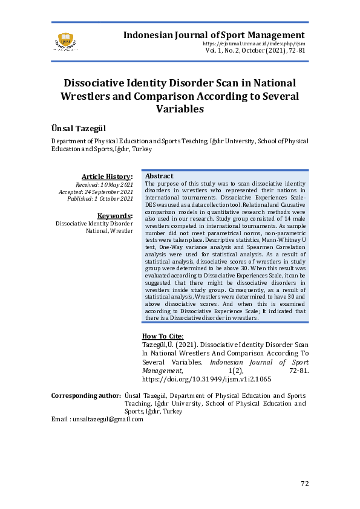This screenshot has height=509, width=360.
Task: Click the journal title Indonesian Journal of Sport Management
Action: point(214,35)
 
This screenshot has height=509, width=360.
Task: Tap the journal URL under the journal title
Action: point(255,44)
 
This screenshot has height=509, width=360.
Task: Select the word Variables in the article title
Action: point(180,109)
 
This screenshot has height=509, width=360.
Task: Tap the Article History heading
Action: point(107,176)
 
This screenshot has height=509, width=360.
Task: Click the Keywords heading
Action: point(115,216)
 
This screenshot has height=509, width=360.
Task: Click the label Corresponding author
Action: point(85,395)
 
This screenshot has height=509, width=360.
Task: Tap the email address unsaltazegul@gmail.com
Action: point(108,419)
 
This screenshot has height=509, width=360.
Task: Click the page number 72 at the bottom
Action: point(305,483)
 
